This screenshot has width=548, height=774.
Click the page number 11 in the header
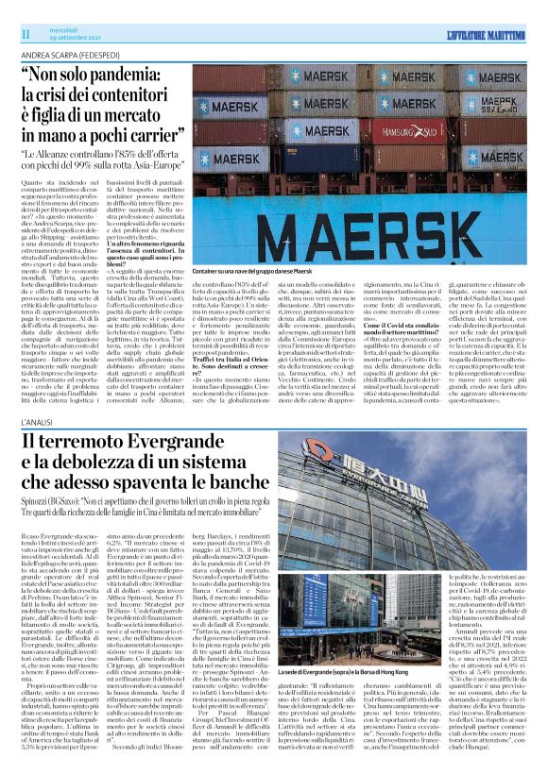(26, 34)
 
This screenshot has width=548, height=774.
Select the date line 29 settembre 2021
(67, 39)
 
